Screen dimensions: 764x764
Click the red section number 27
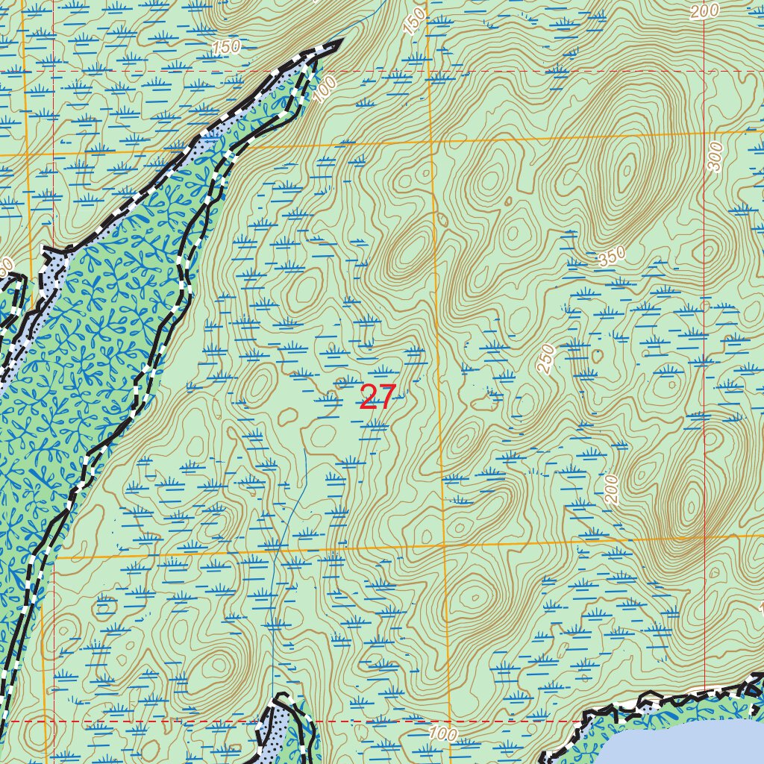376,397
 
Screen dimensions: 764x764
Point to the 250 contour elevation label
546,359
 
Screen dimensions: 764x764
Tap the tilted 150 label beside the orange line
415,21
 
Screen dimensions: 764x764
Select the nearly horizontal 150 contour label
225,47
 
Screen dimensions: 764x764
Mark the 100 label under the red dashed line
443,733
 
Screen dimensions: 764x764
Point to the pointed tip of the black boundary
339,43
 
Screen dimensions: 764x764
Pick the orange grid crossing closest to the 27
444,546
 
